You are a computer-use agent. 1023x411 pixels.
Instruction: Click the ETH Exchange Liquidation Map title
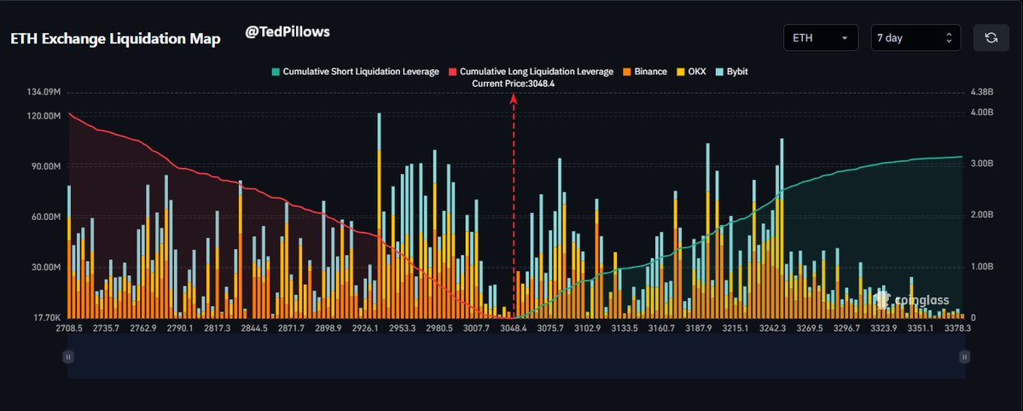point(115,39)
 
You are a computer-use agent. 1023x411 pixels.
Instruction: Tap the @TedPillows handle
point(288,32)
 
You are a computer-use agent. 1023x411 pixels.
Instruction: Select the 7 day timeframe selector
point(915,38)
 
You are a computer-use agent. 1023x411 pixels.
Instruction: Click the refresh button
point(991,38)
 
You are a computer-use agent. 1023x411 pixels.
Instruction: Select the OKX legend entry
point(694,72)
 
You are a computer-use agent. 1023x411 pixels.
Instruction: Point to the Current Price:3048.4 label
point(513,84)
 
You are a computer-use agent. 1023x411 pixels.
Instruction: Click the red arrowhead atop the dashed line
point(514,99)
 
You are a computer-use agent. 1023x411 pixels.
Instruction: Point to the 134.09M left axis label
point(44,91)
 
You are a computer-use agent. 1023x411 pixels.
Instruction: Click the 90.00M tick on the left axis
point(45,166)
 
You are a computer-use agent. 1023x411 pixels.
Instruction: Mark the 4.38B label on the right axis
point(983,91)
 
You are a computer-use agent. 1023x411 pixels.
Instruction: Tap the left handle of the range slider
point(67,357)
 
